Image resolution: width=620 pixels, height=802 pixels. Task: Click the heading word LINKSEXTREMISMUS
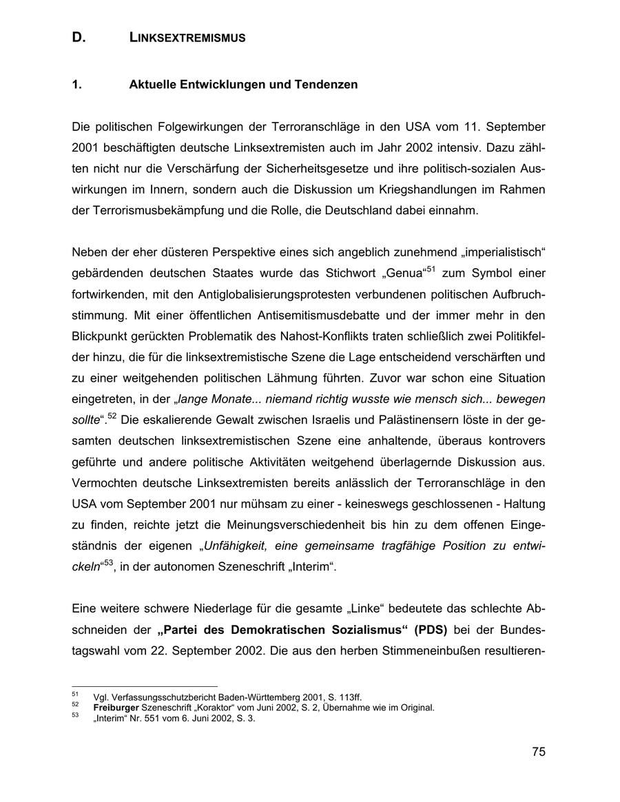point(187,39)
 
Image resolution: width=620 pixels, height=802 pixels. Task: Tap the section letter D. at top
point(79,39)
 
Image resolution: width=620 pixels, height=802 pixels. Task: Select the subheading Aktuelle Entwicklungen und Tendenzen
point(243,85)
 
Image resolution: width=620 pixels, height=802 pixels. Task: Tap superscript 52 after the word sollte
point(114,415)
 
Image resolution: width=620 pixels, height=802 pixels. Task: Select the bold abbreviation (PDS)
point(431,630)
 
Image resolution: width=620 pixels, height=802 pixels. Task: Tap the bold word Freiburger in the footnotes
point(116,708)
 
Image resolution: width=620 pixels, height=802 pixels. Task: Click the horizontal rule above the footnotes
point(144,686)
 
